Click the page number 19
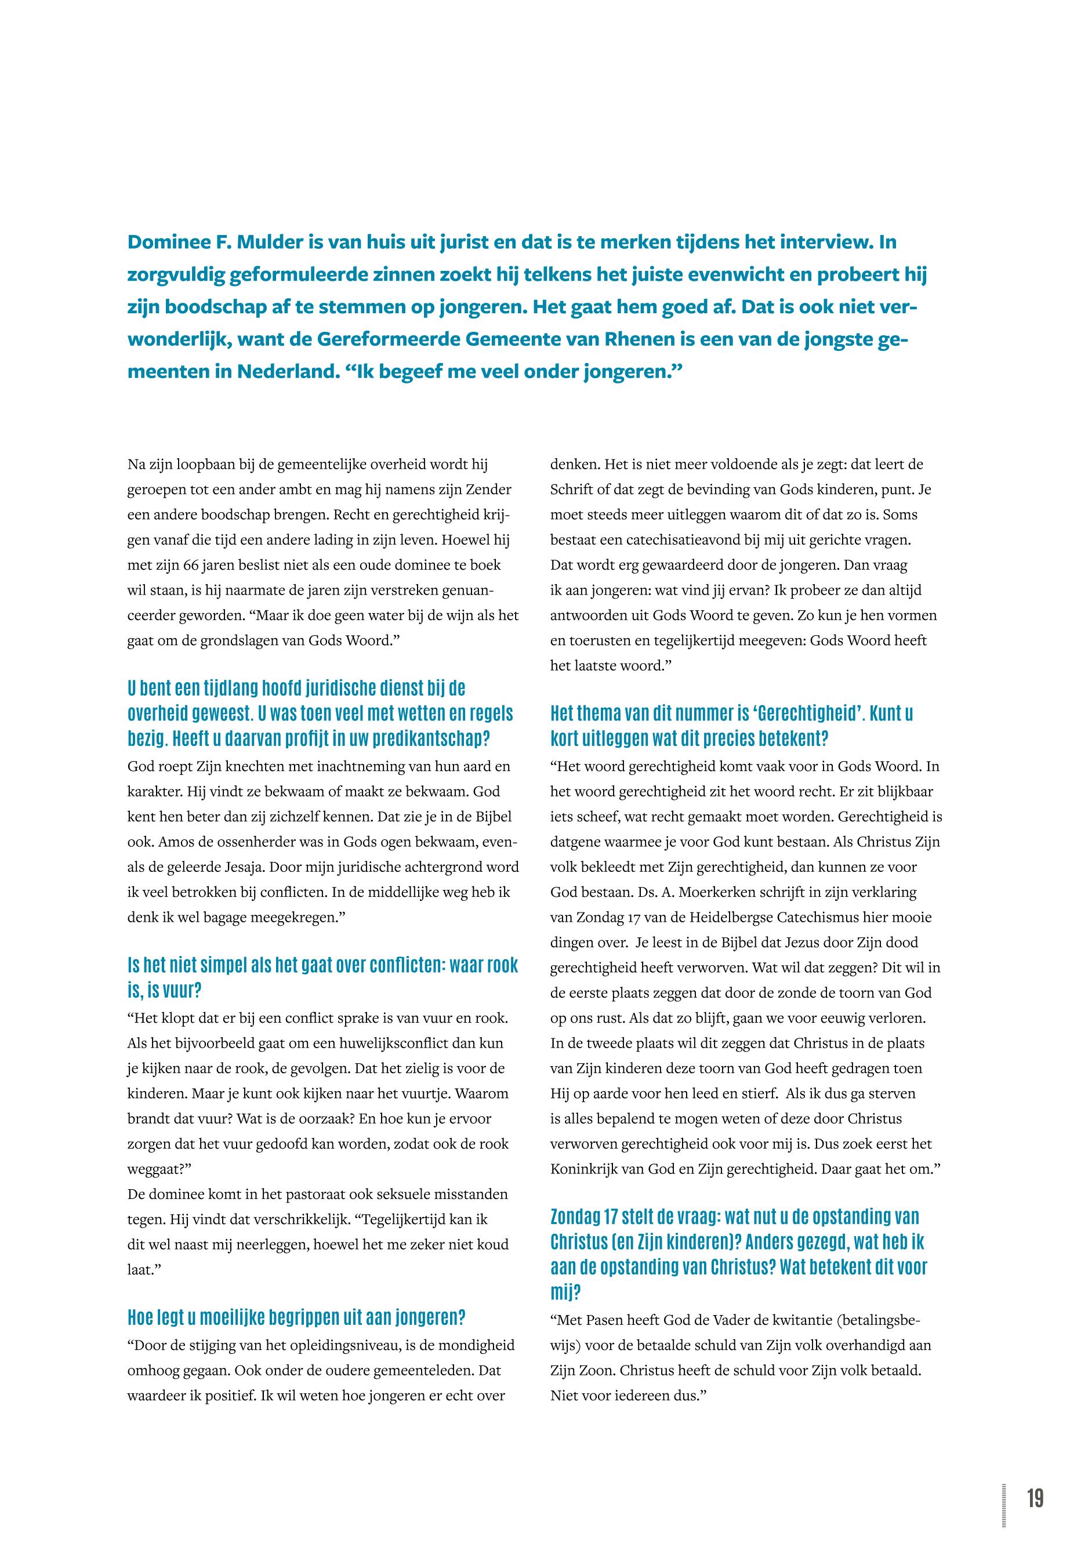pyautogui.click(x=1035, y=1498)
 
